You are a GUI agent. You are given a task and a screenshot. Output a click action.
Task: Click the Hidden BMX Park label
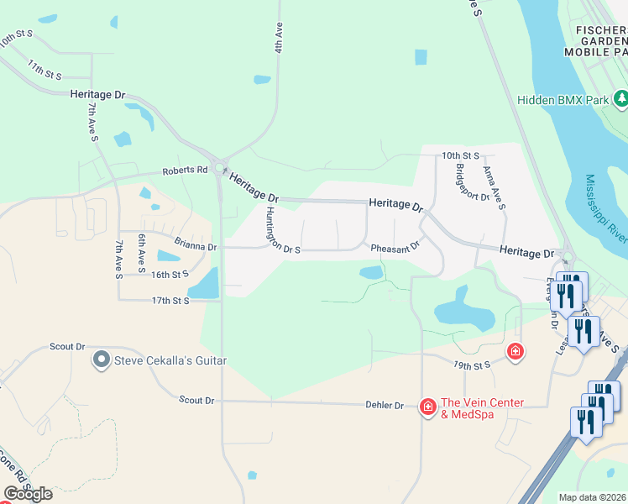tap(562, 100)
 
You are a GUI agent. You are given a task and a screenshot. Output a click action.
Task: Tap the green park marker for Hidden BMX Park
tap(620, 100)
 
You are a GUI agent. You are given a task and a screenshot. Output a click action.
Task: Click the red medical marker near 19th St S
tap(515, 351)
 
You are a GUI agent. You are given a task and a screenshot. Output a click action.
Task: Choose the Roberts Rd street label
tap(185, 170)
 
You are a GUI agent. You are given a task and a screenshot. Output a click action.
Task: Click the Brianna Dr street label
tap(196, 247)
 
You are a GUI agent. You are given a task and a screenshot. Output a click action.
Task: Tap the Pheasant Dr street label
tap(395, 247)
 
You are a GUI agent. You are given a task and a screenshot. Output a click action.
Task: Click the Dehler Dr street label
tap(387, 405)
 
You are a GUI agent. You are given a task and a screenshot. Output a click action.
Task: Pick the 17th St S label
tap(170, 300)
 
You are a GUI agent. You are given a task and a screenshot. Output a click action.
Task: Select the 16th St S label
tap(170, 275)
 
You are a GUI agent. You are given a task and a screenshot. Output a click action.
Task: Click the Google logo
tap(28, 493)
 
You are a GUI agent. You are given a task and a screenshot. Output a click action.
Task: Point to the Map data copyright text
tap(591, 497)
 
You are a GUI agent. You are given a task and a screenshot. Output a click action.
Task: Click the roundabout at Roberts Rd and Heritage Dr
tap(220, 168)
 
